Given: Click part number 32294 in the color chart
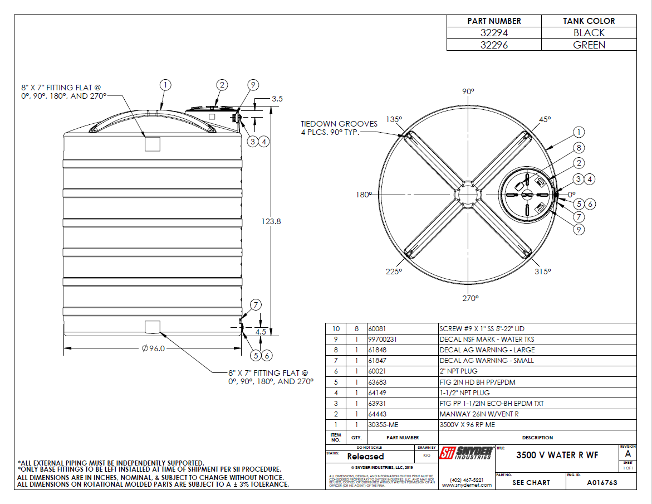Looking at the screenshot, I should (x=494, y=33).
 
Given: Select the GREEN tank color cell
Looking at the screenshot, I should (x=589, y=45).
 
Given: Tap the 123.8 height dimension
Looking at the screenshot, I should (x=271, y=221).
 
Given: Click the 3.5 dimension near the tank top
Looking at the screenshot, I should (x=277, y=99).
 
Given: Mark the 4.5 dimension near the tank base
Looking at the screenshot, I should (x=260, y=332).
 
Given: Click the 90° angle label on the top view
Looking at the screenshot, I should (x=468, y=91).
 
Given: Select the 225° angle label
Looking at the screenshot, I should (x=394, y=272).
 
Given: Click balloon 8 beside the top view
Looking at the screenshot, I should (x=579, y=148).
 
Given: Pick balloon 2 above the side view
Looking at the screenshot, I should (x=222, y=85).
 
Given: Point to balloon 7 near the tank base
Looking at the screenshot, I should (x=256, y=305).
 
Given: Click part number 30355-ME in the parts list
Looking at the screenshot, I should (x=385, y=425).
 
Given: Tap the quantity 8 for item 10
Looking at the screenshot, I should (x=355, y=329).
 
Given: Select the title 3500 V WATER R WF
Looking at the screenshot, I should (x=557, y=455).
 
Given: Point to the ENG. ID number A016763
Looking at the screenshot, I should (x=602, y=483).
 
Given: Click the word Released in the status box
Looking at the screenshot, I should (x=365, y=457).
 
